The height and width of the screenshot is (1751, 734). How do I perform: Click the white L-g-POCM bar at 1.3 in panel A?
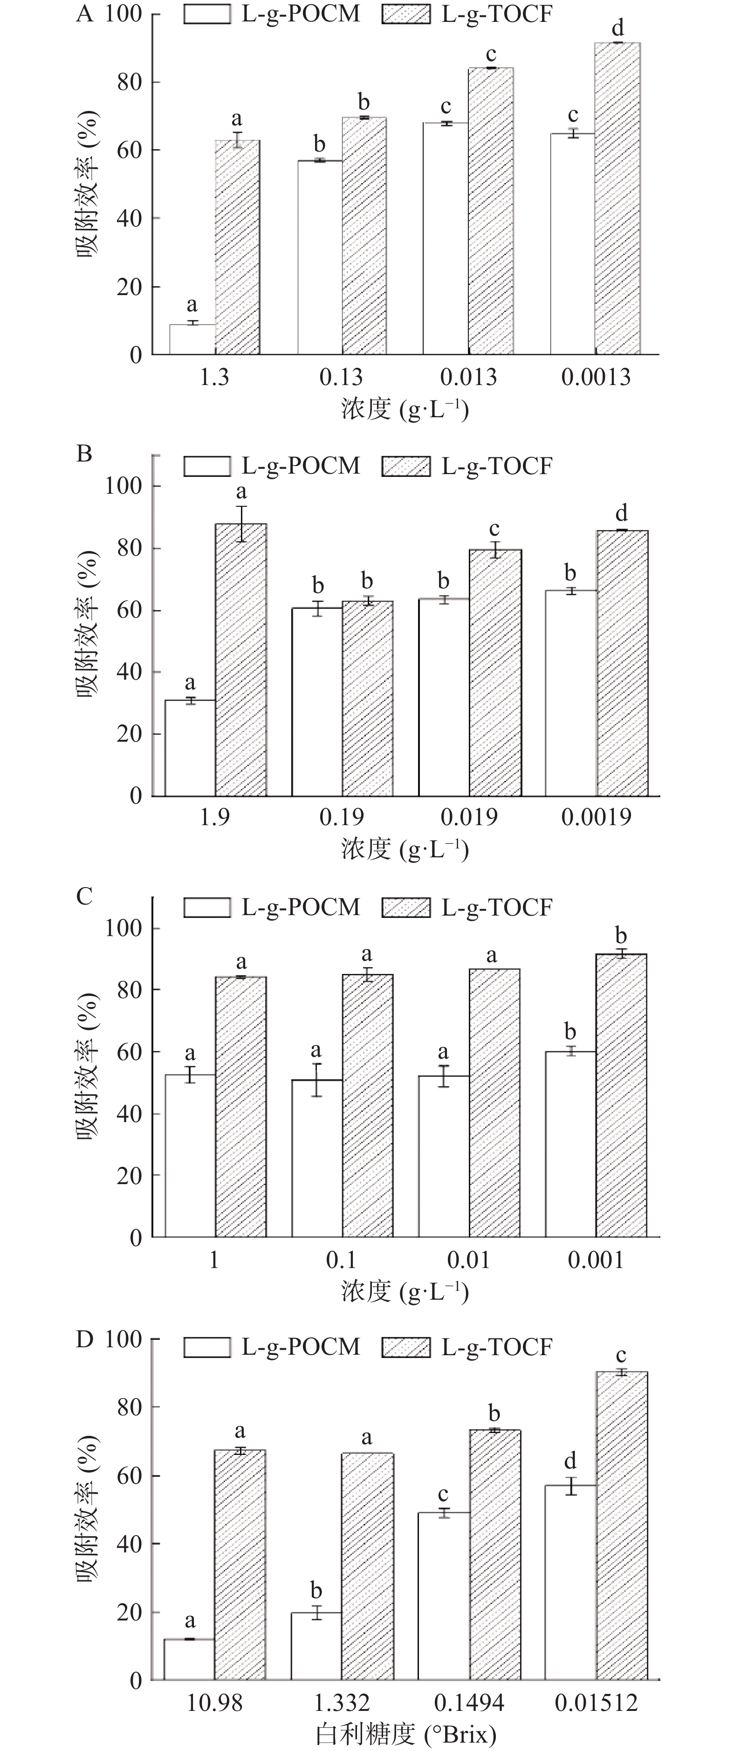point(192,339)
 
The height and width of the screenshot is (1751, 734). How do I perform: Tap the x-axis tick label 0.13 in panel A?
point(341,377)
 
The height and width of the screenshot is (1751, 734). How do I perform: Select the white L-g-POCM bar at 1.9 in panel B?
point(190,748)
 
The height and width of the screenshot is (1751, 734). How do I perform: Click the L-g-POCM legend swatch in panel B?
point(207,466)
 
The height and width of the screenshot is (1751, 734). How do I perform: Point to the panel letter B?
point(84,454)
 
